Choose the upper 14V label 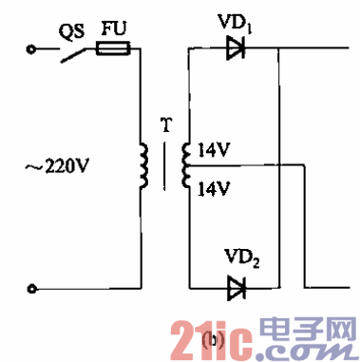[x=213, y=149]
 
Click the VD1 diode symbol [x=236, y=48]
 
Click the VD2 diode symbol [x=235, y=285]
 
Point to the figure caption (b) [x=217, y=340]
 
